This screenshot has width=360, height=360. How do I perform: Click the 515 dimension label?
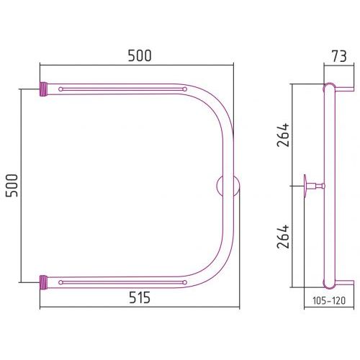(140, 297)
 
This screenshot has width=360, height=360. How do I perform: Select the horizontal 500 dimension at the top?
(140, 55)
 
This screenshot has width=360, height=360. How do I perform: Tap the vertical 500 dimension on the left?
(12, 186)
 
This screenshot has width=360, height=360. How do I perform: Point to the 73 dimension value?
(339, 56)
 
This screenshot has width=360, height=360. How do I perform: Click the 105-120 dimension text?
(329, 300)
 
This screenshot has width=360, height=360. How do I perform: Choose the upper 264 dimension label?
(283, 135)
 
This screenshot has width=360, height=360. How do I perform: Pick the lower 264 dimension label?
(283, 236)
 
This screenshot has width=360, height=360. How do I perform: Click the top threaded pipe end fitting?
(43, 89)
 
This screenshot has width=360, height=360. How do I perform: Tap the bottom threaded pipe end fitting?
(43, 282)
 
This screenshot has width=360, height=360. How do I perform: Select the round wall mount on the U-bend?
(228, 186)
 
